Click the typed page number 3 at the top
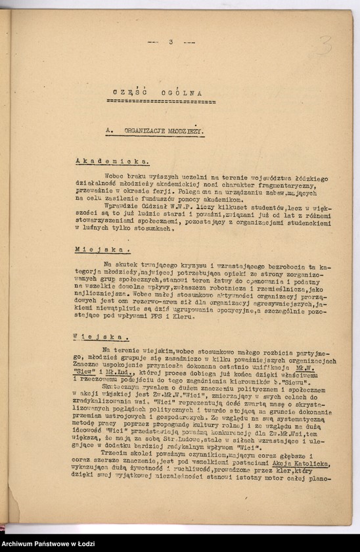170,42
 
